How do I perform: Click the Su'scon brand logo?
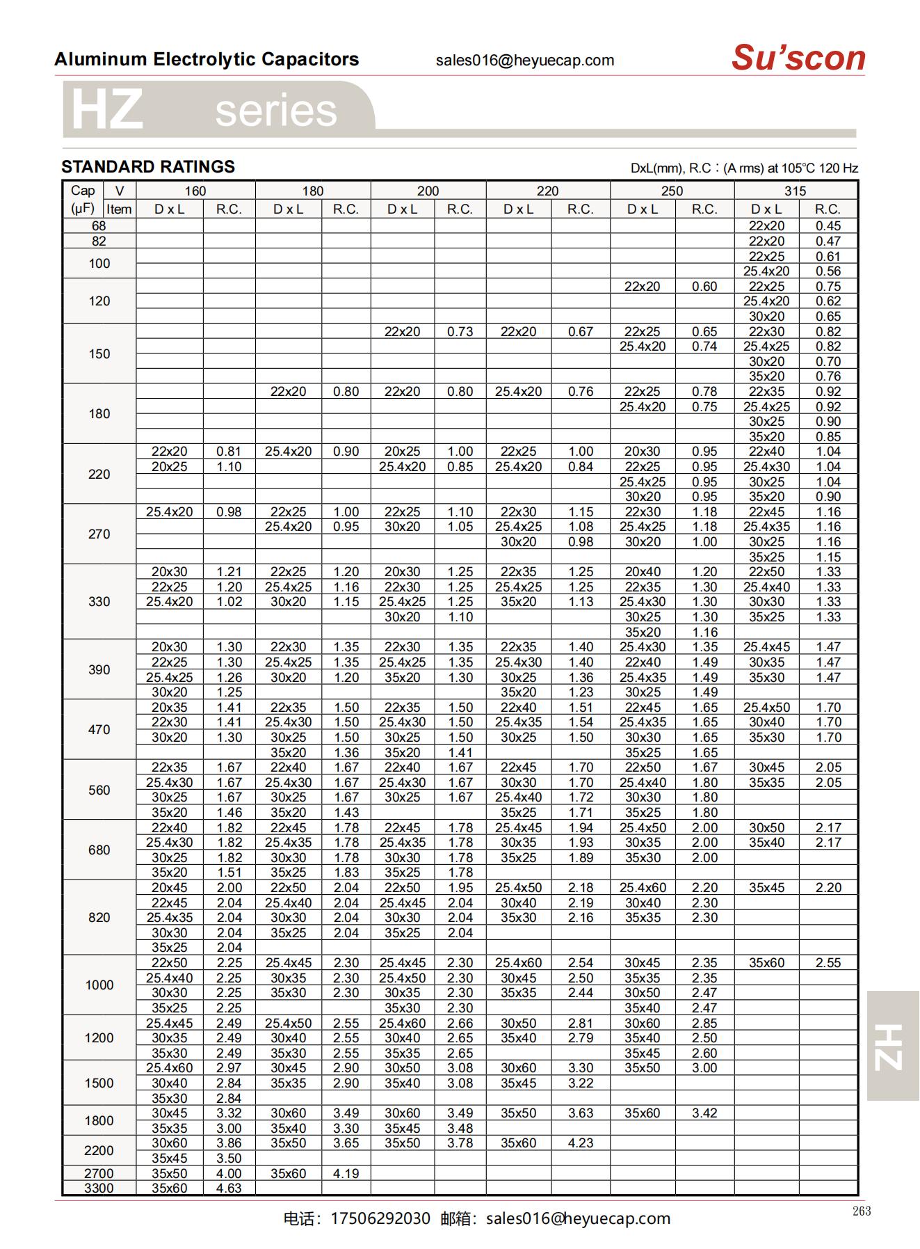click(x=798, y=58)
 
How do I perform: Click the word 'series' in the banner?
click(x=276, y=111)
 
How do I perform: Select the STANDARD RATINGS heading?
click(x=148, y=167)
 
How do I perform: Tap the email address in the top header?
click(x=525, y=61)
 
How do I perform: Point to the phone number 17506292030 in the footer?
click(x=380, y=1218)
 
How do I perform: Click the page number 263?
click(x=862, y=1211)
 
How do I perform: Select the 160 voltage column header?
click(x=195, y=191)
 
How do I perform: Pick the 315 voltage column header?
click(x=795, y=191)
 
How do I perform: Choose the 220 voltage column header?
click(x=547, y=191)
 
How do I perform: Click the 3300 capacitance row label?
click(x=99, y=1188)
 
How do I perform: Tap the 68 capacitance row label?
click(x=99, y=226)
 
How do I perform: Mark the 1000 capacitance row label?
click(x=99, y=985)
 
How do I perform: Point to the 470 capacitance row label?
click(x=99, y=729)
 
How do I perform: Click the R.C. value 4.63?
click(x=229, y=1188)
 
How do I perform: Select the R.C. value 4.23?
click(x=580, y=1143)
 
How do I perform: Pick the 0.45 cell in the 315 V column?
click(x=828, y=226)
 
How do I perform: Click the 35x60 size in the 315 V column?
click(x=766, y=963)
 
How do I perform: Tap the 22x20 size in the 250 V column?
click(x=642, y=286)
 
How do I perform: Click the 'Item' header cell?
click(x=119, y=209)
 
